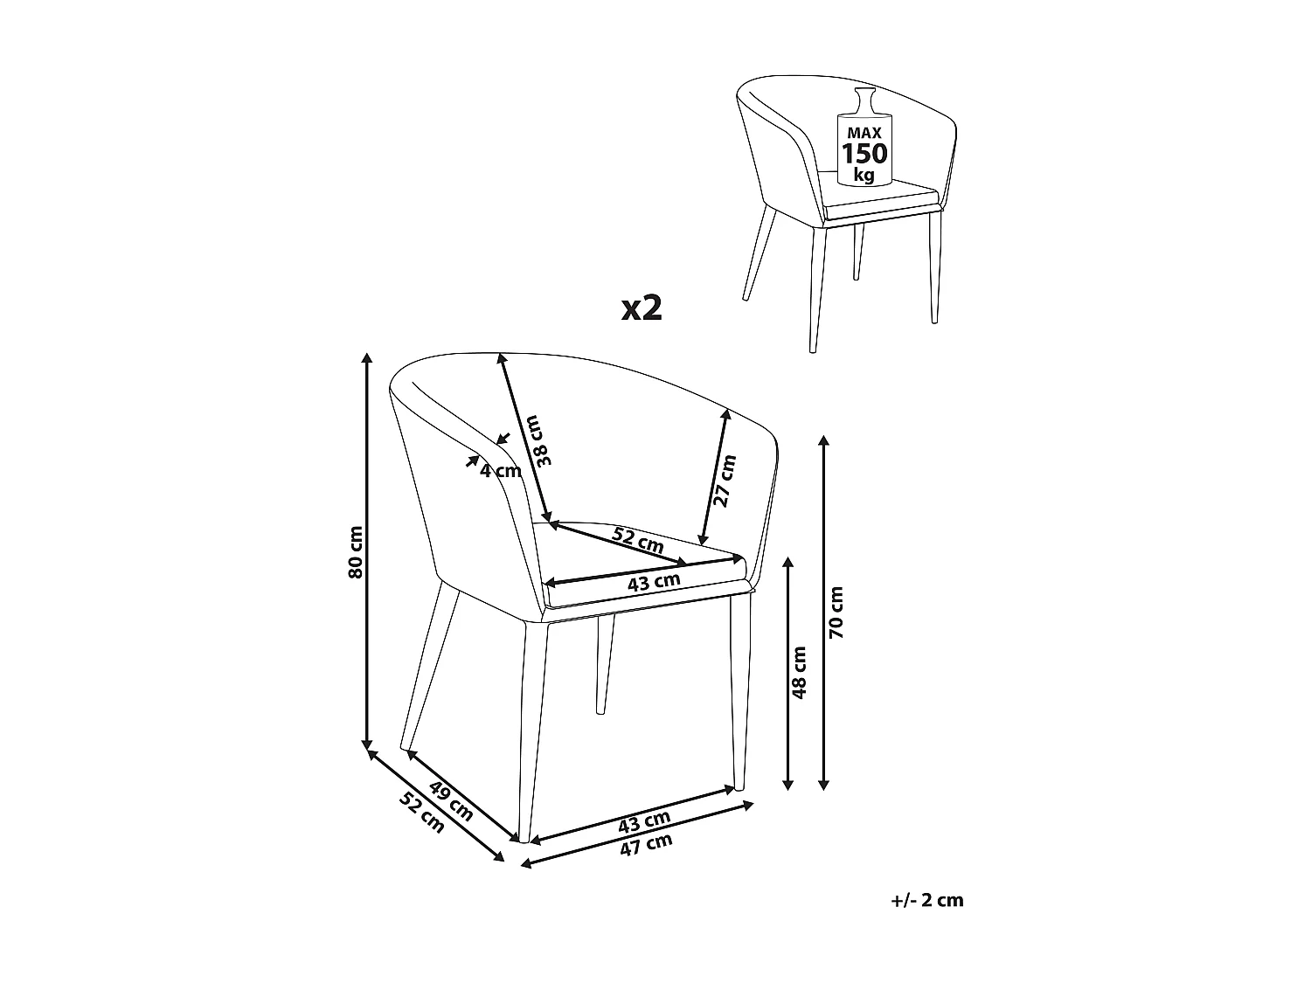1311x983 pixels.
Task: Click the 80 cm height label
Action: (356, 552)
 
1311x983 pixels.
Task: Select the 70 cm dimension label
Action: (836, 613)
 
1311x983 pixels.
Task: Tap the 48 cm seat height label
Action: (799, 672)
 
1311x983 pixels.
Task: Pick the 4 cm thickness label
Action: (501, 471)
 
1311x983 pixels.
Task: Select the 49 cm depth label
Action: (451, 801)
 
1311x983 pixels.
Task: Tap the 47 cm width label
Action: (646, 845)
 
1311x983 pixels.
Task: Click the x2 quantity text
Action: (642, 308)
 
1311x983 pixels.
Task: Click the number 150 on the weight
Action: (864, 154)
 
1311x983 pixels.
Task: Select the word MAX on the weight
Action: (864, 133)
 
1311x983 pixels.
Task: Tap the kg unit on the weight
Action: (864, 175)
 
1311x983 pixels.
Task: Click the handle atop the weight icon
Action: (865, 100)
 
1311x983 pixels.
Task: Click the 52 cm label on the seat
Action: (638, 539)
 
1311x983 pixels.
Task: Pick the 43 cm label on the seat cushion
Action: (654, 581)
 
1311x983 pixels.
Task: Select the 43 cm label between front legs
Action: (644, 822)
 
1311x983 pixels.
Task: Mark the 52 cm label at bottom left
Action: (421, 813)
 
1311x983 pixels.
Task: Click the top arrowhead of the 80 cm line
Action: (367, 358)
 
